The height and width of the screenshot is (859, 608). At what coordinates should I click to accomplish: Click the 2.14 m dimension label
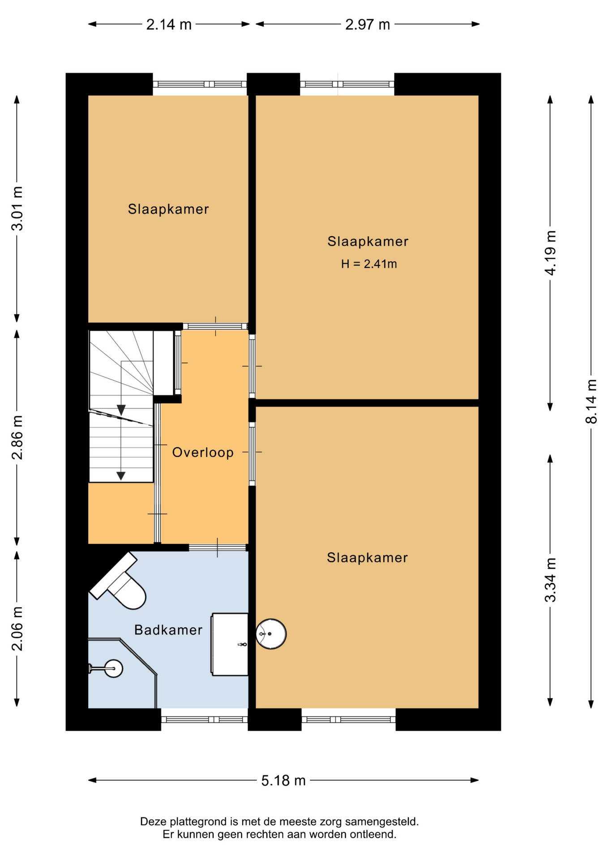click(169, 24)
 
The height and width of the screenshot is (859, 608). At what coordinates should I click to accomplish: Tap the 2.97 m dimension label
click(368, 24)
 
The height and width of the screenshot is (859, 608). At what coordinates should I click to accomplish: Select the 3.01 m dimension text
click(17, 208)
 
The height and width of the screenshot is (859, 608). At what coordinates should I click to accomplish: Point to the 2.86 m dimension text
click(17, 438)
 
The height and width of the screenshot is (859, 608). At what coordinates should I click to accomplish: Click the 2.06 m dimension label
click(17, 629)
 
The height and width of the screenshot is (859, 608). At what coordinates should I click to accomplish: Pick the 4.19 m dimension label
click(550, 253)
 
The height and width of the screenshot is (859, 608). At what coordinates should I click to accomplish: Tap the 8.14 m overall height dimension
click(591, 401)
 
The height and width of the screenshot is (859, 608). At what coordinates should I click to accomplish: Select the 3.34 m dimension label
click(550, 580)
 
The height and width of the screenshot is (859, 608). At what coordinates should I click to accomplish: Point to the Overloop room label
click(203, 452)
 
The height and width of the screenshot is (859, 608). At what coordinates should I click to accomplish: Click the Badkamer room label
click(168, 630)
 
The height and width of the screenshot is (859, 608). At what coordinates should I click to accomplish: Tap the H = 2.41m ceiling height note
click(369, 264)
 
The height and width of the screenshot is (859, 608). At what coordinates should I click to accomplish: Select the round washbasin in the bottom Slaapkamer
click(271, 634)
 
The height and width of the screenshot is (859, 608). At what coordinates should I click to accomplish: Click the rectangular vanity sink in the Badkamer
click(230, 644)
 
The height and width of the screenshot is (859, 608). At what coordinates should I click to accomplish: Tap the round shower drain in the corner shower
click(113, 669)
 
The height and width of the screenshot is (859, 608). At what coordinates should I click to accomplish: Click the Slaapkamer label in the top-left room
click(168, 209)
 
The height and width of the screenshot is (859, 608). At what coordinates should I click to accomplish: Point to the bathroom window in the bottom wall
click(204, 719)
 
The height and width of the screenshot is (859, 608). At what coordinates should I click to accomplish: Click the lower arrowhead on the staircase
click(121, 476)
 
